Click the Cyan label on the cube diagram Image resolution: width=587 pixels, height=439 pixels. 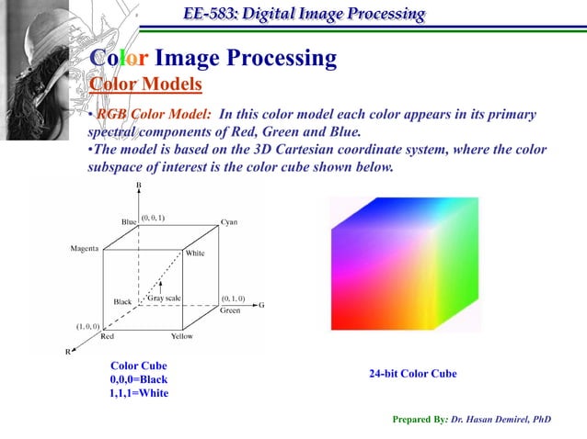tap(230, 222)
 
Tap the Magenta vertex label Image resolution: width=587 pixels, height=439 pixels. tap(86, 249)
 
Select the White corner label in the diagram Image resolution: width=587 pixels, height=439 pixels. tap(195, 253)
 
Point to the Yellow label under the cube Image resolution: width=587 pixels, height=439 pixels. tap(182, 336)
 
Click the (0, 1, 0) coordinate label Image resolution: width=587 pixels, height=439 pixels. tap(232, 298)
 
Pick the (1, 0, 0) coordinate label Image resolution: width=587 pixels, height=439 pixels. tap(88, 326)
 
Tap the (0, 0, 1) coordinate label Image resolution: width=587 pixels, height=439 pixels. tap(153, 218)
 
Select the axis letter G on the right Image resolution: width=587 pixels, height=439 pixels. tap(261, 306)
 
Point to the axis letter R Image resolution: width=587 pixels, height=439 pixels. tap(67, 351)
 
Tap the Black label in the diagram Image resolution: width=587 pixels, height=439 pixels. tap(122, 301)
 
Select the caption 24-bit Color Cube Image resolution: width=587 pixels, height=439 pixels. tap(413, 374)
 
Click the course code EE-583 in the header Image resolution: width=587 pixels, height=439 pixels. tap(206, 14)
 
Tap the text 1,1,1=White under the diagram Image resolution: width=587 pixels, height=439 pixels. tap(138, 393)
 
